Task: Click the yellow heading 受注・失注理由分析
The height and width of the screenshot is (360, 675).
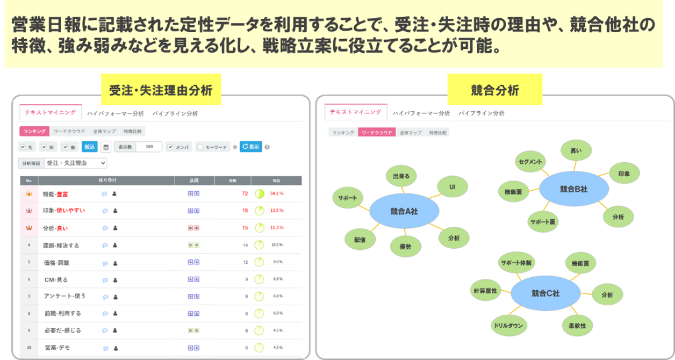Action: coord(161,90)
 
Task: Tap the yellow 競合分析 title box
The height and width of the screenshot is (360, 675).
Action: coord(494,90)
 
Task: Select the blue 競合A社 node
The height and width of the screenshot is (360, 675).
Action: coord(404,211)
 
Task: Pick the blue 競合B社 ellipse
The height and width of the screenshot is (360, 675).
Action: coord(573,189)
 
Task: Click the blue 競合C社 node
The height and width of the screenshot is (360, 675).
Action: coord(545,293)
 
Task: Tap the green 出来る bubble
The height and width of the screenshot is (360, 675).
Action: coord(401,176)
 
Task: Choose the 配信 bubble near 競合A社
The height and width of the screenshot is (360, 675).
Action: coord(359,240)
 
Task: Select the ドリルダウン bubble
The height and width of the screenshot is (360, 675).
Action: coord(508,325)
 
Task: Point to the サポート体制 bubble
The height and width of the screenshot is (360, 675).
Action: coord(516,263)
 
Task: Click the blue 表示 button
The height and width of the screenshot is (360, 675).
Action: coord(250,146)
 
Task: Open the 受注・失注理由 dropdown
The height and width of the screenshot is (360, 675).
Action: coord(75,163)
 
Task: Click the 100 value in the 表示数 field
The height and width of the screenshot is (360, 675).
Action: coord(149,147)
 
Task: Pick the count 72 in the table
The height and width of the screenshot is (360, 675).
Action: coord(245,193)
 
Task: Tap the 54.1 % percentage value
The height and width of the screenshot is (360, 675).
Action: coord(277,193)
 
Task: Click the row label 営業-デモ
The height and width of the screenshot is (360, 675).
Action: coord(57,348)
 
